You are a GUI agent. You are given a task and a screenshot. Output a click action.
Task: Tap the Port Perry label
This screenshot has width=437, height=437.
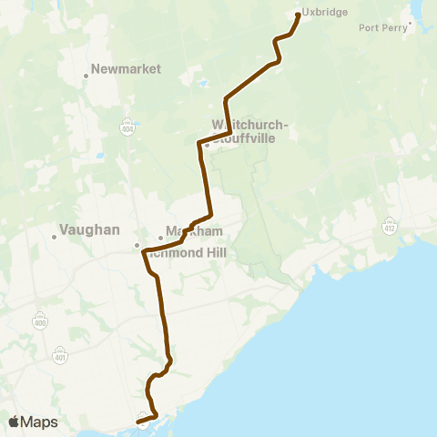pos(382,27)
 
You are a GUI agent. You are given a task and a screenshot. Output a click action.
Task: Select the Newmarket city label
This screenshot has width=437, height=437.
pos(127,69)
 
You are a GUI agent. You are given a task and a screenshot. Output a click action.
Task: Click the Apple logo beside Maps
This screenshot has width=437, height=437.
pos(15,422)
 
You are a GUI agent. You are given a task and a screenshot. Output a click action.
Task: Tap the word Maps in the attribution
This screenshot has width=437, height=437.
pos(40,422)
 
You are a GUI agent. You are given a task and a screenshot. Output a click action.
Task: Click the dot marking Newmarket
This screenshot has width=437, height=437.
pos(86,76)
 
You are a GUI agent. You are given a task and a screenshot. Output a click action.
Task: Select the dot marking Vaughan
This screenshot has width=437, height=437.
pos(54,238)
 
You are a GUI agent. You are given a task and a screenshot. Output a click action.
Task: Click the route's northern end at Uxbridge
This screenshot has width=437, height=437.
pos(299,15)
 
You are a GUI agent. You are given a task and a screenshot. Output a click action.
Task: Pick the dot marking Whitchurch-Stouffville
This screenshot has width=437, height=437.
pos(207,144)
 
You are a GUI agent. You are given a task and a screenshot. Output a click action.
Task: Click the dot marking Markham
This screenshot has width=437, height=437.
pos(160,239)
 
